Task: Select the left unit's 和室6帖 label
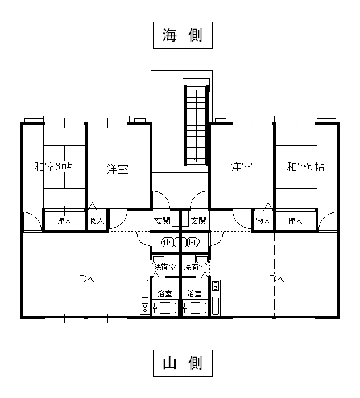(52, 167)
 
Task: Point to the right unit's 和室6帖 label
(305, 167)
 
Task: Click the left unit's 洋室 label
(118, 169)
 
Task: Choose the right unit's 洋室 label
(242, 167)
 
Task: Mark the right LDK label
(273, 279)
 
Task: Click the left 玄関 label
(162, 220)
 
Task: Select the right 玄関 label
(198, 220)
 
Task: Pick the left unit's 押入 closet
(64, 220)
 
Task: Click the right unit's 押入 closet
(295, 220)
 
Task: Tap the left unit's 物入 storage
(96, 220)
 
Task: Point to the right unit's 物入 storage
(262, 220)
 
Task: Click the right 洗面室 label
(195, 266)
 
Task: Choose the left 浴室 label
(165, 294)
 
